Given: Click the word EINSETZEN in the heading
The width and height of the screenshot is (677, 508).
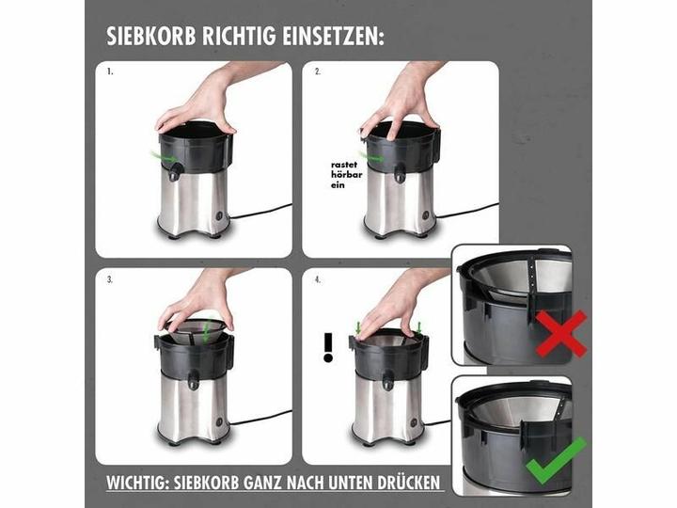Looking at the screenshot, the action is [x=333, y=37].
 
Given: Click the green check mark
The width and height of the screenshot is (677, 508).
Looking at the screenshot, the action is [x=557, y=461].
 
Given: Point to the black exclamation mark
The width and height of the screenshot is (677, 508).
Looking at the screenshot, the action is [x=328, y=347].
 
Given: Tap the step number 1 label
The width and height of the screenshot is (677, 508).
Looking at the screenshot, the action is [x=110, y=72].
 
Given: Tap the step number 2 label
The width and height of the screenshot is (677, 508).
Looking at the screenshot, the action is [x=318, y=72].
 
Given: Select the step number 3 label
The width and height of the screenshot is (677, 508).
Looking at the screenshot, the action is [x=110, y=280].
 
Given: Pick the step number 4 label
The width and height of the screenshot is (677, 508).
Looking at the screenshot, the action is [x=318, y=280].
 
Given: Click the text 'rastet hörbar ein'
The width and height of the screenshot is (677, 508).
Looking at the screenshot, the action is [x=346, y=175].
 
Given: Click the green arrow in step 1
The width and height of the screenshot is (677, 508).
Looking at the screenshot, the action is [x=164, y=157].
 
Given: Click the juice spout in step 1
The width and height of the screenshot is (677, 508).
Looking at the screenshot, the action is [x=175, y=172].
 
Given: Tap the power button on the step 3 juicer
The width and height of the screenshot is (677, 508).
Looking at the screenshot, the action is [x=219, y=422].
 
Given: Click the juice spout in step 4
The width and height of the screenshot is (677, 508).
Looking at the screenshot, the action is [x=387, y=380].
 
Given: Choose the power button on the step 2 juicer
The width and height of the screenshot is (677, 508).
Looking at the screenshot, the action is [x=426, y=214].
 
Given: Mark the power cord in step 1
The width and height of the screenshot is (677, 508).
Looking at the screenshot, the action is [x=260, y=212].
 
